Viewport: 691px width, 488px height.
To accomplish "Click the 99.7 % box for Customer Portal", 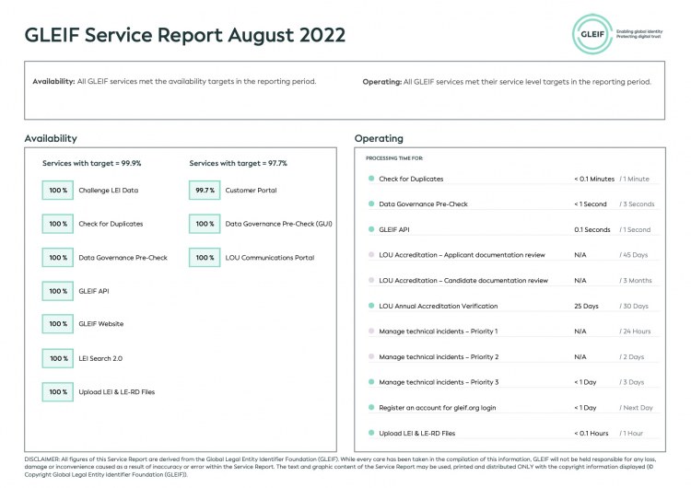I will click(205, 191).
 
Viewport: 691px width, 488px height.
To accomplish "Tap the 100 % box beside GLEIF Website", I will click(58, 324).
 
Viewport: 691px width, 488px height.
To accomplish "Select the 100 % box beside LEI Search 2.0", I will click(58, 358).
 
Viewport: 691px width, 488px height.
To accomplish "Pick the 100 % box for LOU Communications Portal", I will click(205, 258).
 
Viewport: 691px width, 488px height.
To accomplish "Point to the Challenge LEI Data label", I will click(108, 191).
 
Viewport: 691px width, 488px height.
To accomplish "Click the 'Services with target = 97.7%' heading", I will click(238, 163).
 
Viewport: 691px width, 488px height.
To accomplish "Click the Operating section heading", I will click(379, 139).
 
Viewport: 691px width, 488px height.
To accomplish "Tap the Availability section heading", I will click(51, 139).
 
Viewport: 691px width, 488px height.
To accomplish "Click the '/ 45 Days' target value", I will click(635, 255).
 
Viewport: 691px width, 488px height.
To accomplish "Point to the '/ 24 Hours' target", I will click(636, 331).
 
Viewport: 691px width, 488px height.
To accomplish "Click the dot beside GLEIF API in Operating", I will click(370, 229).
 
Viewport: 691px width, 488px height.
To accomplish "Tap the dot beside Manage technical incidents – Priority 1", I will click(370, 331).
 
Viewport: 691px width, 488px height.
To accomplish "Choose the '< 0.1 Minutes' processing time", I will click(593, 179).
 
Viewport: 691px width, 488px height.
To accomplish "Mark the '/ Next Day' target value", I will click(637, 407).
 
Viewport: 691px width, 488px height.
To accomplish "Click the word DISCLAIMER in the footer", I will click(41, 459).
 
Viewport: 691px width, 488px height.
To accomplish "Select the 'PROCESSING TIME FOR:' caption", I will click(393, 158).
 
